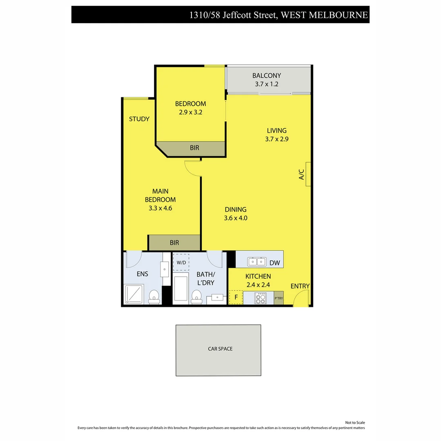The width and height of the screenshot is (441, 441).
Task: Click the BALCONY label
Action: [x=266, y=76]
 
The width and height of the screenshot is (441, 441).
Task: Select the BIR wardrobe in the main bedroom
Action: [x=174, y=243]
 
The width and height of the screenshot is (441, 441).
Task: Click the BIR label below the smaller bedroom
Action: [x=194, y=148]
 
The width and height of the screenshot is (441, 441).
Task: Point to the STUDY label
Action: [x=139, y=119]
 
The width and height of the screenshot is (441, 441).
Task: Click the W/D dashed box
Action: [x=181, y=262]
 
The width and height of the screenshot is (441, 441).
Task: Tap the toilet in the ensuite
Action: [x=154, y=296]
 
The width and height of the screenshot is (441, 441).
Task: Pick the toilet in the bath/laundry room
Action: [x=196, y=296]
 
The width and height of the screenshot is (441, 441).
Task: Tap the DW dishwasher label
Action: [x=275, y=263]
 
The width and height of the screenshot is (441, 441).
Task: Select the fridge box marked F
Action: [x=236, y=297]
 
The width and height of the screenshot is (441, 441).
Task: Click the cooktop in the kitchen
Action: [x=260, y=298]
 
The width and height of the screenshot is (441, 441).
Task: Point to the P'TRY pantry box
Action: [x=278, y=298]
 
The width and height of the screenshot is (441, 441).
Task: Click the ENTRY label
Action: [x=300, y=286]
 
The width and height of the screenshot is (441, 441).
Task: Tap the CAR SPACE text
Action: [x=220, y=349]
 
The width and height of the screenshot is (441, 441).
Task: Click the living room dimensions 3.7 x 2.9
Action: [x=277, y=139]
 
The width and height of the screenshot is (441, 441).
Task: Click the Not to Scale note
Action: [x=355, y=423]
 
